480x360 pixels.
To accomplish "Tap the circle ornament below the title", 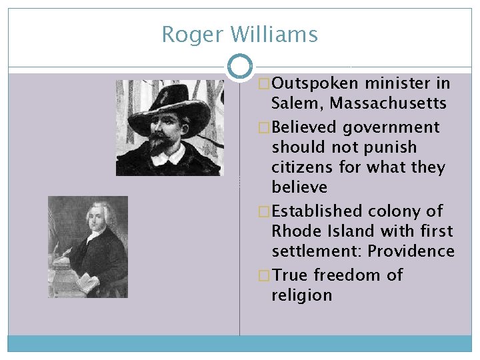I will coord(240,66).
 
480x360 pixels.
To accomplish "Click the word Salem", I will coord(297,104).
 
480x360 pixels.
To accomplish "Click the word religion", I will coord(301,295).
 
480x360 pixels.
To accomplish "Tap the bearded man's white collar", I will coord(166,156).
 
